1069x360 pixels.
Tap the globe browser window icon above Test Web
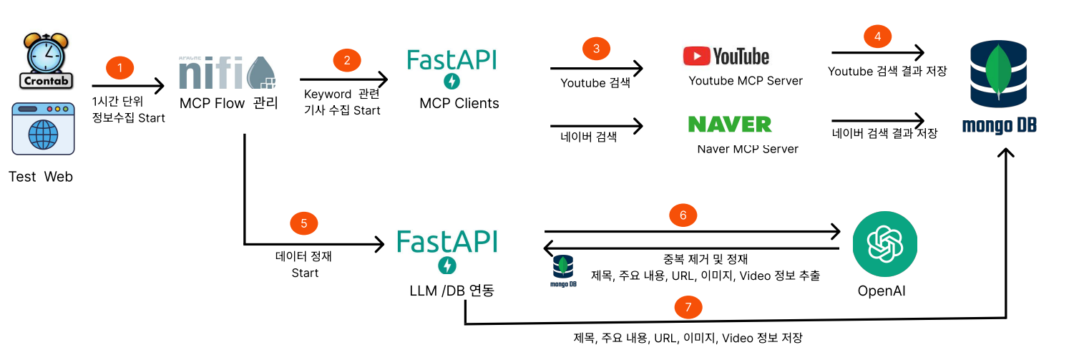coord(44,129)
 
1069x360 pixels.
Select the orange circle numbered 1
coord(120,68)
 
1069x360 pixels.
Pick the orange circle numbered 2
coord(347,61)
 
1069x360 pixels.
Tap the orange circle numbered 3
coord(596,49)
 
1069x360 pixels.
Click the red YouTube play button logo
coord(696,56)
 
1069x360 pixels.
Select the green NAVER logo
coord(730,124)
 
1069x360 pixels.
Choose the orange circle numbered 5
coord(303,223)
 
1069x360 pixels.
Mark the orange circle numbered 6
coord(683,214)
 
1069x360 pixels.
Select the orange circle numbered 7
coord(688,307)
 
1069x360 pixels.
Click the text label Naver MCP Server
coord(748,149)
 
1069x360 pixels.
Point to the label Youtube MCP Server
coord(746,81)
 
